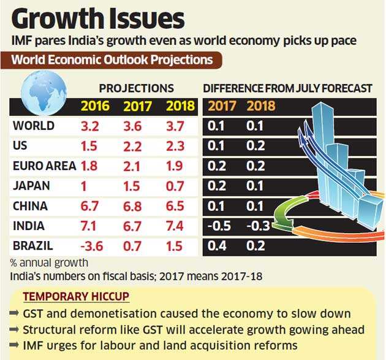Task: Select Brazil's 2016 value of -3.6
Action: (x=95, y=247)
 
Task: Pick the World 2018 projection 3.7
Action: (x=180, y=127)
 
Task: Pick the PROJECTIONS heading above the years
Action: (x=136, y=88)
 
